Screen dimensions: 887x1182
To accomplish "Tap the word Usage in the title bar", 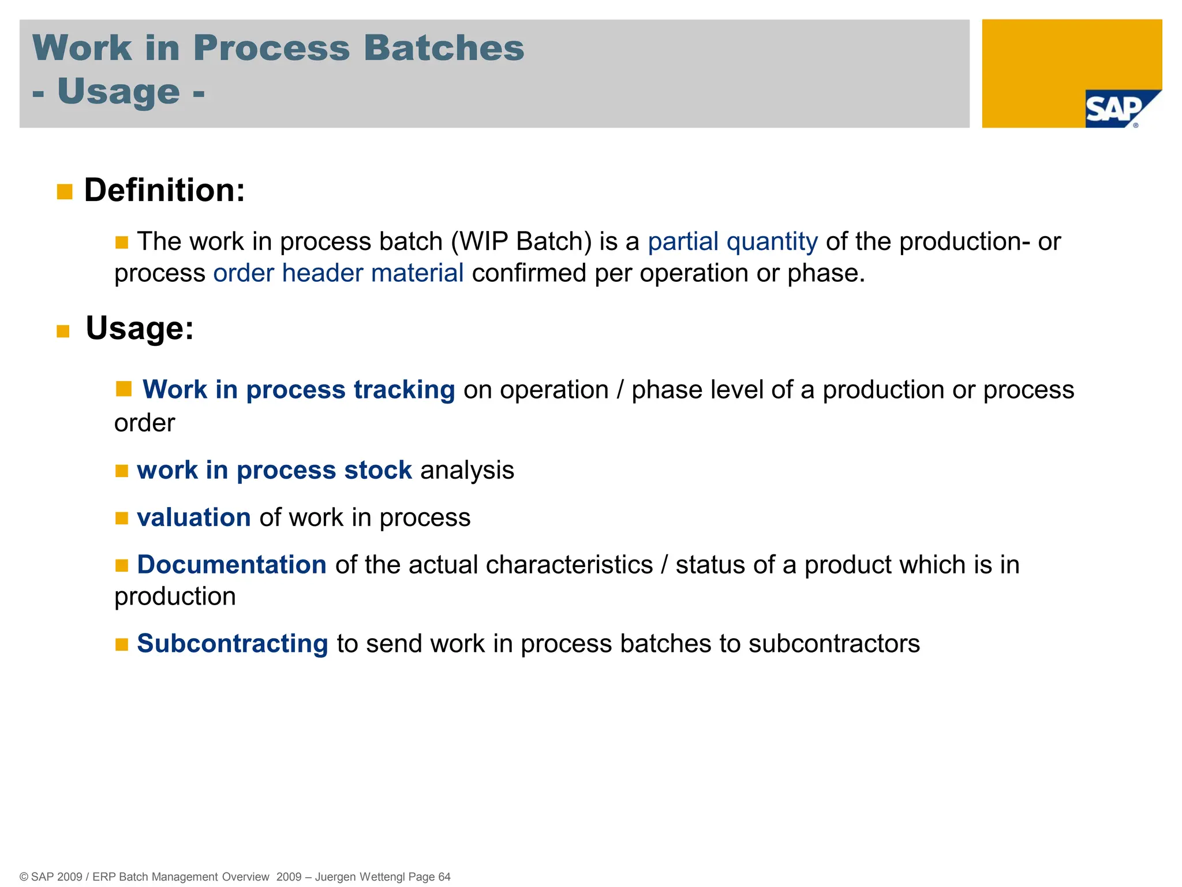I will click(x=118, y=91).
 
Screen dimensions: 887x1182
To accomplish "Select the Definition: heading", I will click(x=164, y=190).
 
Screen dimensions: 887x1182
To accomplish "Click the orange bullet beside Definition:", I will click(x=65, y=192).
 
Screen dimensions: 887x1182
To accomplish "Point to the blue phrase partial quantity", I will click(x=732, y=241).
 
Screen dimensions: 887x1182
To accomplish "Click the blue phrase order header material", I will click(x=338, y=273).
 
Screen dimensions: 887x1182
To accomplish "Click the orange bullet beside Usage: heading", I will click(x=63, y=331).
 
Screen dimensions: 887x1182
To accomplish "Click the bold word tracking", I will click(x=404, y=390).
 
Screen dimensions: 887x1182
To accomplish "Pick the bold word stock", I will click(x=378, y=470).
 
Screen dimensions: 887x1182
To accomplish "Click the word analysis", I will click(x=467, y=470).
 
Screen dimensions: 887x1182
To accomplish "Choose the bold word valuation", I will click(x=194, y=517).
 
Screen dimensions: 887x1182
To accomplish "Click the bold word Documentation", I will click(x=232, y=565).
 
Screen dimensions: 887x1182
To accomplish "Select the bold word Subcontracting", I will click(x=233, y=643).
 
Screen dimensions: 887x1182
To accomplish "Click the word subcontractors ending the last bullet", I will click(x=834, y=643).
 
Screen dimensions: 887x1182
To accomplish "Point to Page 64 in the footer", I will click(x=429, y=877).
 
